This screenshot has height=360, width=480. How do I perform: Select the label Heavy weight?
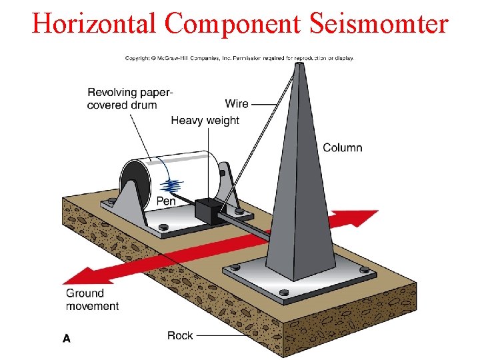[205, 121]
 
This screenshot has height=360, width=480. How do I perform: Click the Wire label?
[237, 103]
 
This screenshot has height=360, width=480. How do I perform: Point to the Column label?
[342, 147]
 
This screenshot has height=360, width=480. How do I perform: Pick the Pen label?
[166, 201]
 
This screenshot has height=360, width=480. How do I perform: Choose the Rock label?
[180, 335]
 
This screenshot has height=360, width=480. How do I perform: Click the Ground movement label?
[92, 299]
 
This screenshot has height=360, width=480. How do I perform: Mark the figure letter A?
[67, 338]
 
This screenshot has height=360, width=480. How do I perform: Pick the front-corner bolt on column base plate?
[285, 292]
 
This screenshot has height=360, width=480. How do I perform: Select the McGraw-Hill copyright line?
[240, 58]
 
